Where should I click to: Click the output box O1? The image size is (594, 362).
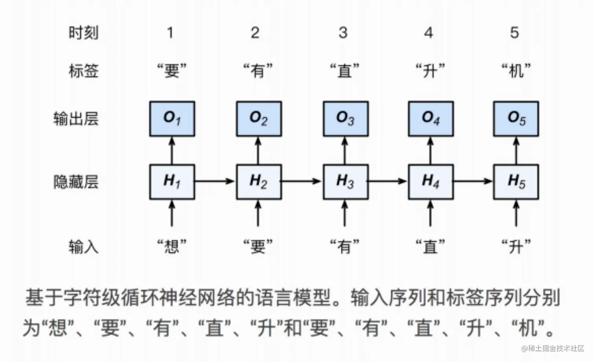172,119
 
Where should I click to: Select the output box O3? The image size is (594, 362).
345,119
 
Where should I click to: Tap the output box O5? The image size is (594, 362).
516,119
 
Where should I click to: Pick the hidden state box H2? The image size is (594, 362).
258,182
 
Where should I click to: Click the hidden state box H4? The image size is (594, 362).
431,182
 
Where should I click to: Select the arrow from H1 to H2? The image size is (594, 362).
215,181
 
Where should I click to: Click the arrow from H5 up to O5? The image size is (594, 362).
516,150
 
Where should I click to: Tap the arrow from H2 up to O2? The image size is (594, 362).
258,150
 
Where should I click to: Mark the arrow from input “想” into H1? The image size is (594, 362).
171,213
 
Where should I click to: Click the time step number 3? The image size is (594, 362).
343,33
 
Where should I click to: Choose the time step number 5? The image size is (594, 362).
514,33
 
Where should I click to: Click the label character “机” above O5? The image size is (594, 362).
516,71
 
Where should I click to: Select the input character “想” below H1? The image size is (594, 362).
172,247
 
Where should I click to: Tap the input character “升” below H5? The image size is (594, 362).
516,247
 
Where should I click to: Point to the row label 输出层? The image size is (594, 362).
76,119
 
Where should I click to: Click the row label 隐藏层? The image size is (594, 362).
76,182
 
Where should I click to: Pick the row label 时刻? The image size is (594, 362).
83,33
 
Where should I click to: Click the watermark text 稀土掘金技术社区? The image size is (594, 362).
555,349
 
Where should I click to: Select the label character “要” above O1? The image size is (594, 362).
172,71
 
